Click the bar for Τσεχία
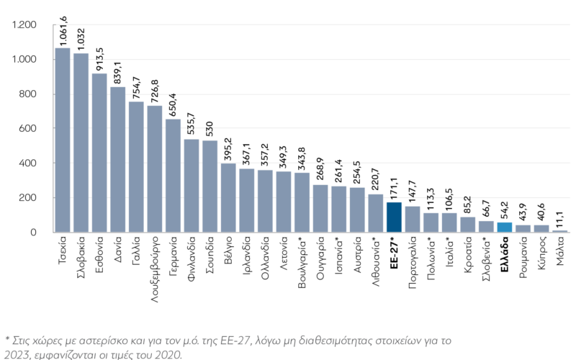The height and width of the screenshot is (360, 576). pyautogui.click(x=63, y=140)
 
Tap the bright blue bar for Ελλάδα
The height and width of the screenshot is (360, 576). pyautogui.click(x=505, y=228)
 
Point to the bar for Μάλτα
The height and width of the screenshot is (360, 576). pyautogui.click(x=559, y=231)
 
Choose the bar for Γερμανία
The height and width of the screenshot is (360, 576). pyautogui.click(x=174, y=176)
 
